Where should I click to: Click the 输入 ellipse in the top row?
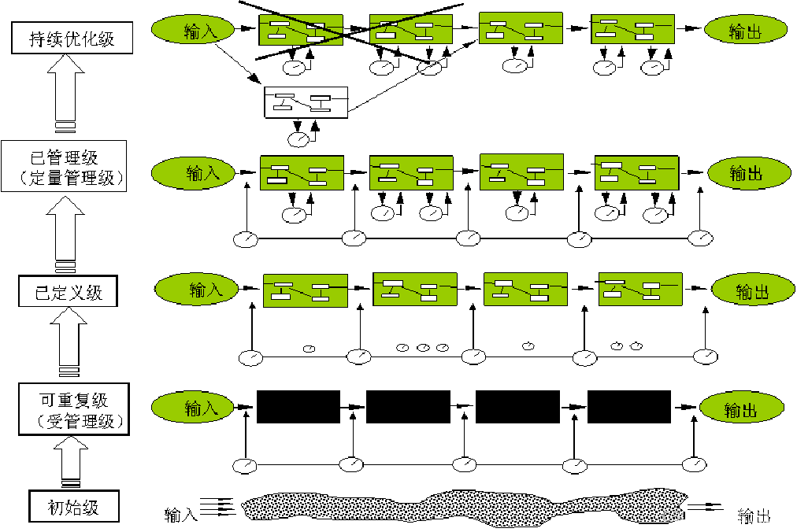(x=193, y=31)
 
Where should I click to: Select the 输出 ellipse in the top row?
(x=746, y=31)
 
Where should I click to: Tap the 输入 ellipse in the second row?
(x=194, y=173)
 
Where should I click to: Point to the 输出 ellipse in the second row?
(x=749, y=173)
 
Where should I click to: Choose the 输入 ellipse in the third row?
(x=197, y=290)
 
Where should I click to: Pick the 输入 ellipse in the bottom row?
(x=193, y=408)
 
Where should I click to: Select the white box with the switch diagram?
(x=306, y=102)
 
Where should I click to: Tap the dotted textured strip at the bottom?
(x=465, y=508)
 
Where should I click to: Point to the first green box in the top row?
(x=301, y=30)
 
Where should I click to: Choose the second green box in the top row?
(x=411, y=29)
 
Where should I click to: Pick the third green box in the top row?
(x=521, y=28)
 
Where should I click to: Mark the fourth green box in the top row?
(x=633, y=29)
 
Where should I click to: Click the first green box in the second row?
(x=302, y=173)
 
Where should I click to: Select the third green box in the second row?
(x=521, y=172)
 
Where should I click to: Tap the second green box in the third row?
(x=415, y=290)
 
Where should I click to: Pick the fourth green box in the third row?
(x=640, y=289)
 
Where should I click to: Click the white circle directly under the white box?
(x=298, y=140)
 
